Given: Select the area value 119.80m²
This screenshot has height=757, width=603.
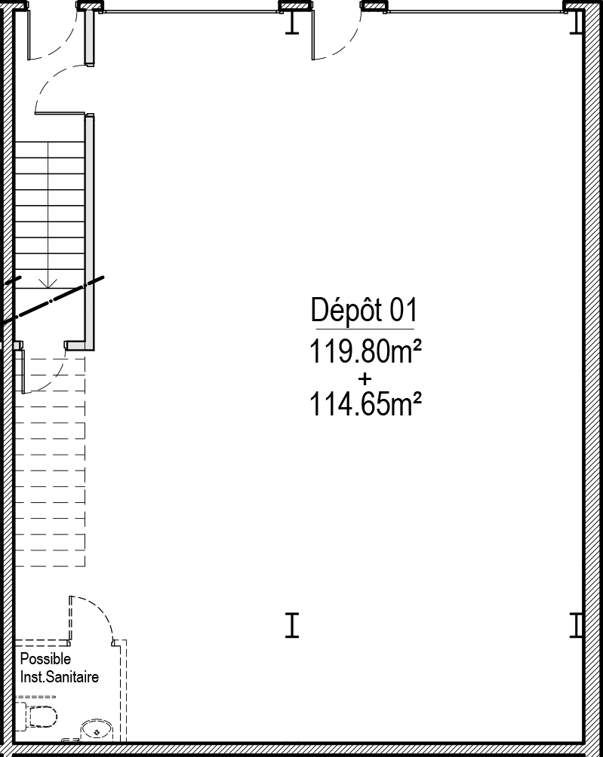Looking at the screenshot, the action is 365,351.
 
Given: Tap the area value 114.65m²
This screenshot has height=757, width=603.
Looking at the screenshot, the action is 365,403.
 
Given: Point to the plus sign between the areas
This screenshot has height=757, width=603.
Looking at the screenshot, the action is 365,378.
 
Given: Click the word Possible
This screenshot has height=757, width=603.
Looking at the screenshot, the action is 45,659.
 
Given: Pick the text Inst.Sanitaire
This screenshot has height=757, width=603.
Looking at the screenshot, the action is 60,677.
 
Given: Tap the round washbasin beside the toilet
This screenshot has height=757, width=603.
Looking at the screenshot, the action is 96,731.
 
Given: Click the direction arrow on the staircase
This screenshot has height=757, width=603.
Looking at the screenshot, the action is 48,283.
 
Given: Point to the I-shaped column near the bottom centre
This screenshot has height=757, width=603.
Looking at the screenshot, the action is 292,626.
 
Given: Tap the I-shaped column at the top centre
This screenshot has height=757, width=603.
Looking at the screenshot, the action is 292,22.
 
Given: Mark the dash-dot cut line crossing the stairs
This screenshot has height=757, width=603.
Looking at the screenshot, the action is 52,300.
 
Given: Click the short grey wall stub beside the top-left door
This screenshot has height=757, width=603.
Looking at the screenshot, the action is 90,37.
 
